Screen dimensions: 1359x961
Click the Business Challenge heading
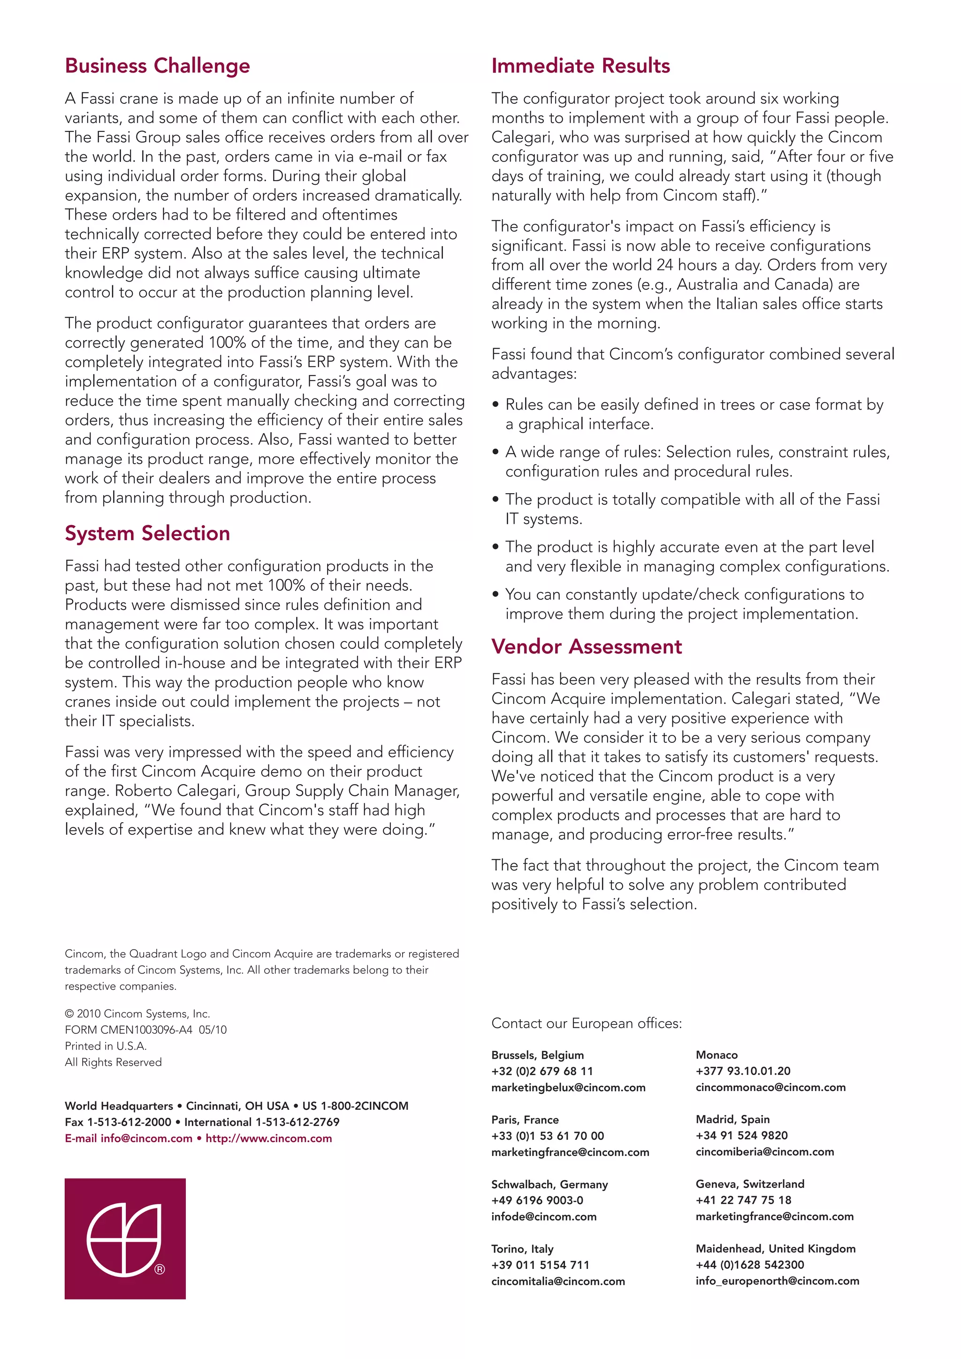(157, 66)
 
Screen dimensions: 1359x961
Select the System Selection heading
(147, 533)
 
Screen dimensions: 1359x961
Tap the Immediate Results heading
(580, 66)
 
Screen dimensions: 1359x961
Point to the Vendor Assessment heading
(587, 646)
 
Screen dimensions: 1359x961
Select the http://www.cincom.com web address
(269, 1138)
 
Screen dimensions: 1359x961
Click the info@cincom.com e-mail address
(146, 1138)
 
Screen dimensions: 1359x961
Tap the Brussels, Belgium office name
(537, 1055)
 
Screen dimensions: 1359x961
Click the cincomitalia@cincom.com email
(557, 1281)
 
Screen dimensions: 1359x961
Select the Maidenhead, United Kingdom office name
(775, 1248)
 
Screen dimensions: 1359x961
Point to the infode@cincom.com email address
(543, 1216)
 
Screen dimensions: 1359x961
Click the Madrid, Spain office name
(732, 1119)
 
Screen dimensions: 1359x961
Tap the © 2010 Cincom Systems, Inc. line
(137, 1014)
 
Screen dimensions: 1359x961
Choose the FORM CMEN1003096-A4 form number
(129, 1030)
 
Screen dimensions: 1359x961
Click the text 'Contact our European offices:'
(587, 1023)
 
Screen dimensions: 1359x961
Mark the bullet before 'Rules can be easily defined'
(496, 405)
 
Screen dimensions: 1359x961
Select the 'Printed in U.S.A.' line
(106, 1046)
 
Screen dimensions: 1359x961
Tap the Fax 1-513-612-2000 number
(118, 1122)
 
